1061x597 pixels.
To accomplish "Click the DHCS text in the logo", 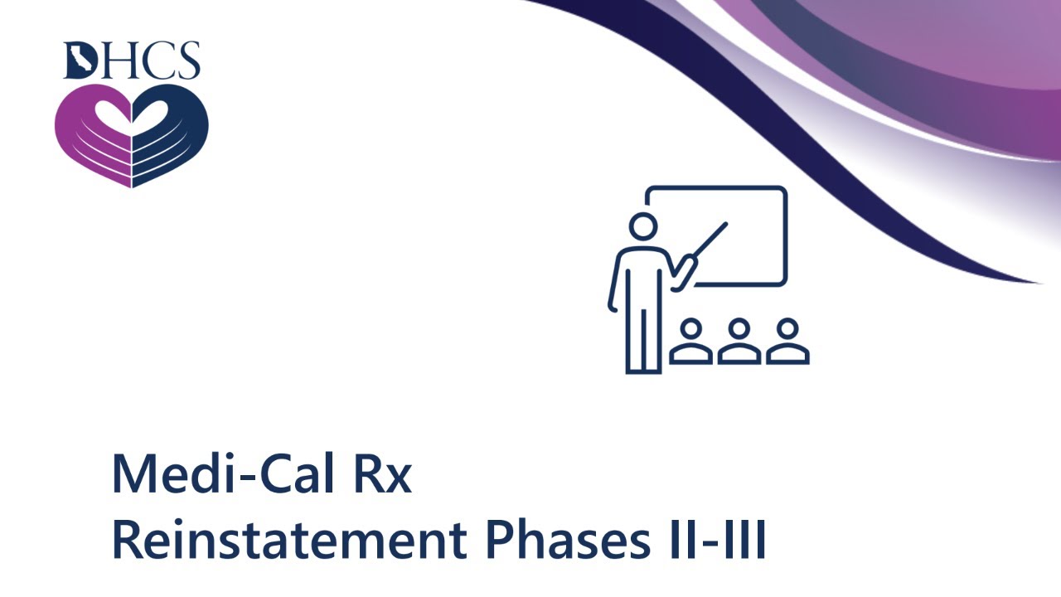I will click(131, 61).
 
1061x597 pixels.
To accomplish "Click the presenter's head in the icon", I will click(642, 226).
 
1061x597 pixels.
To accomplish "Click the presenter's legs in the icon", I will click(643, 332).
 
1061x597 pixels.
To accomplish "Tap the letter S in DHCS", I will click(187, 61).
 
